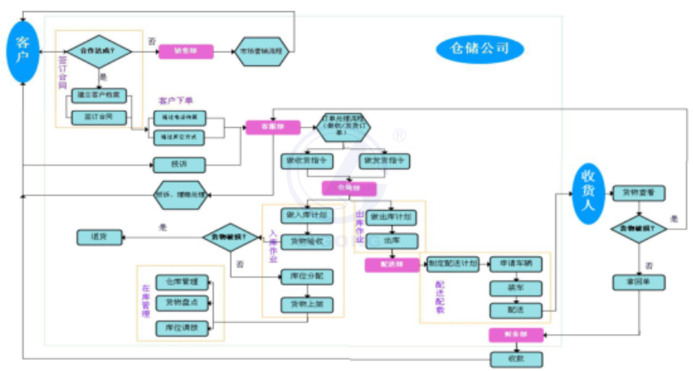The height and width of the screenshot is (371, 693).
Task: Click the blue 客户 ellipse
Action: tap(23, 52)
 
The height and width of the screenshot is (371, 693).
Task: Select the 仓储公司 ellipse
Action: tap(480, 49)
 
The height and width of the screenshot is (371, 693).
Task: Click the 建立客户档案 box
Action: tap(99, 95)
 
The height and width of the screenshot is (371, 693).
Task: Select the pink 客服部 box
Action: tap(272, 127)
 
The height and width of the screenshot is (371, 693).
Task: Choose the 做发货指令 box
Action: tap(384, 161)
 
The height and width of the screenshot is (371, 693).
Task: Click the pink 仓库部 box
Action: tap(349, 188)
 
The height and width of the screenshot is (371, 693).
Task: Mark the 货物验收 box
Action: tap(306, 241)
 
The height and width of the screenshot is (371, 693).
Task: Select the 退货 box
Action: tap(101, 237)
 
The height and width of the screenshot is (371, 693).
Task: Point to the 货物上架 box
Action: tap(306, 305)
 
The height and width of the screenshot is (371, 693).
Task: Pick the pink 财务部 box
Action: tap(516, 333)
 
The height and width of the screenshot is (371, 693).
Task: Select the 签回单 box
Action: tap(638, 282)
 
